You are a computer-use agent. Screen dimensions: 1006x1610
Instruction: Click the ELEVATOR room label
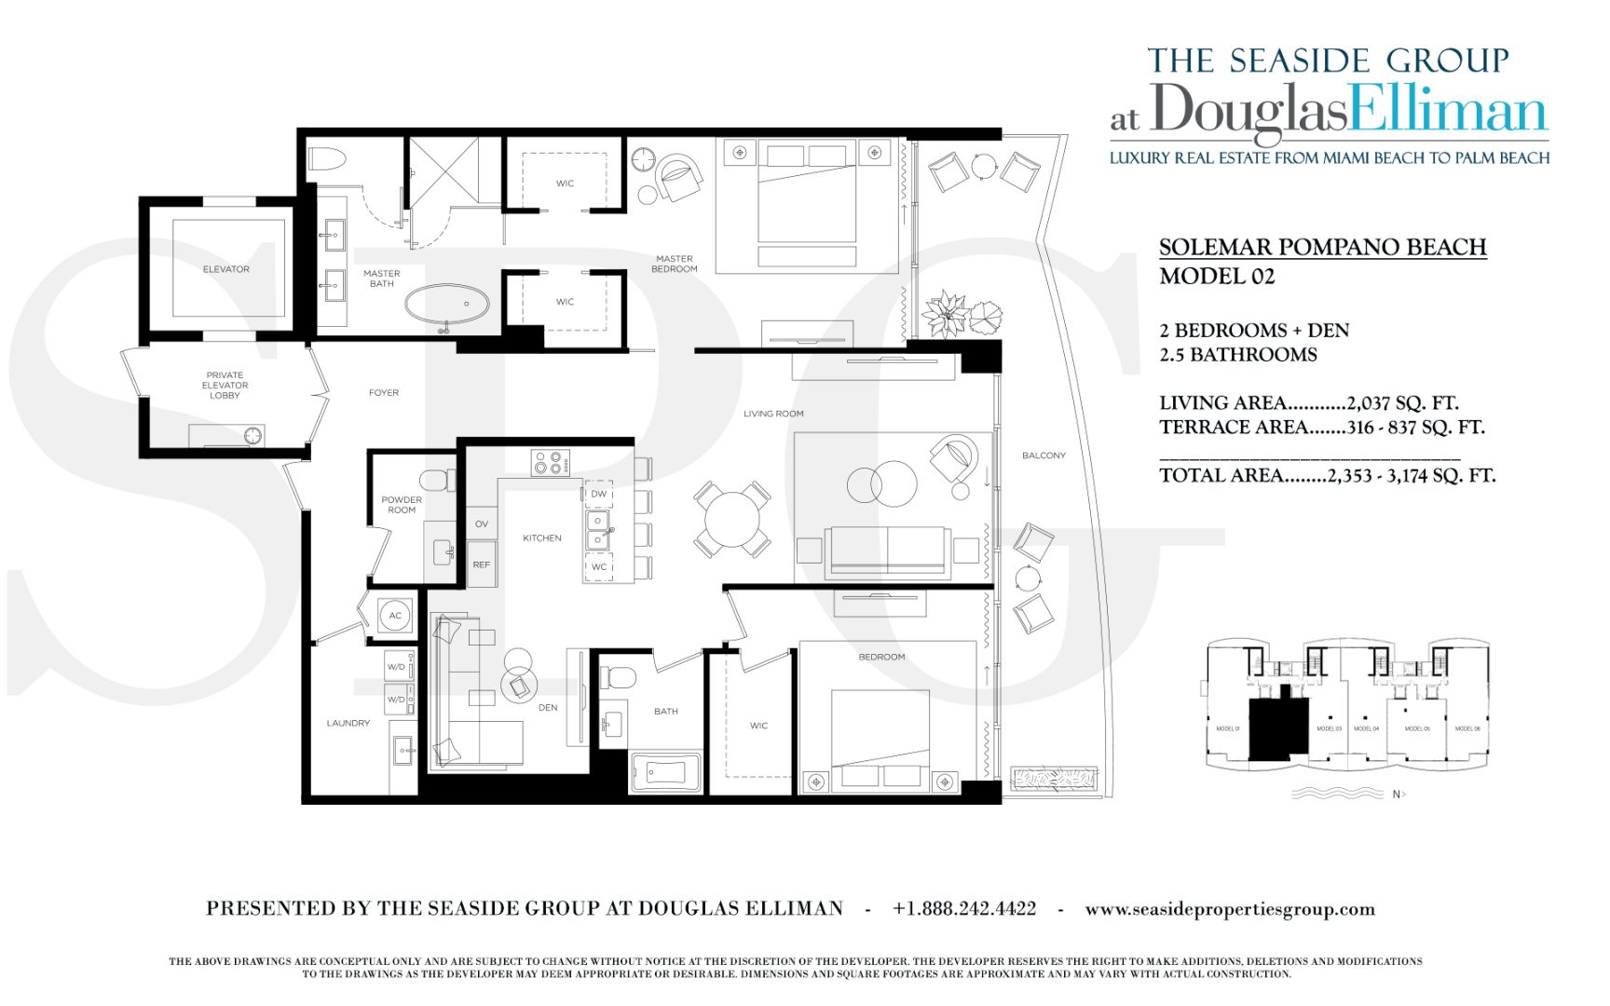(x=225, y=269)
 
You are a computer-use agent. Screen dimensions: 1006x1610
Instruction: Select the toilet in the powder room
(x=435, y=481)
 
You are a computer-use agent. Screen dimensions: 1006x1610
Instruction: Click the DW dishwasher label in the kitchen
(x=598, y=494)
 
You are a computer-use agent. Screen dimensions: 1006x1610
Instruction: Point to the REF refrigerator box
(x=481, y=564)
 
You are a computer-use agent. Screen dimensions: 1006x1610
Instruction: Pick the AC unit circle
(x=395, y=616)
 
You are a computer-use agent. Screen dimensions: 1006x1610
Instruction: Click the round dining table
(x=732, y=519)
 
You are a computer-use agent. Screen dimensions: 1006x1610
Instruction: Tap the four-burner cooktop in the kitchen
(x=550, y=462)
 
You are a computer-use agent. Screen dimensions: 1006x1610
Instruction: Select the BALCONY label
(x=1043, y=455)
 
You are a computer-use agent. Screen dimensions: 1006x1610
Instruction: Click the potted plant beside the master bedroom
(x=947, y=314)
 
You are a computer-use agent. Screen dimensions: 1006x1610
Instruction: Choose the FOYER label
(x=383, y=393)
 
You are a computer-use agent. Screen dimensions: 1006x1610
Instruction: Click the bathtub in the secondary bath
(x=665, y=772)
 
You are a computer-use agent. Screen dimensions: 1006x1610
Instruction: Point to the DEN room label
(x=548, y=708)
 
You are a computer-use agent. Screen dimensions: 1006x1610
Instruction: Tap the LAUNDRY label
(x=348, y=723)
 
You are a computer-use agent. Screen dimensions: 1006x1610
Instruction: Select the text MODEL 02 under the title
(x=1216, y=277)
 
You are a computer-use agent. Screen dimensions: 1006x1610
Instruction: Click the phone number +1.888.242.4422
(x=963, y=908)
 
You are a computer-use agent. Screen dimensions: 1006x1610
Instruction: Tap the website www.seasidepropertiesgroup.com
(x=1229, y=909)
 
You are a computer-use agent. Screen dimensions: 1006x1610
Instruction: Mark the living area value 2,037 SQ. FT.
(x=1402, y=403)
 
